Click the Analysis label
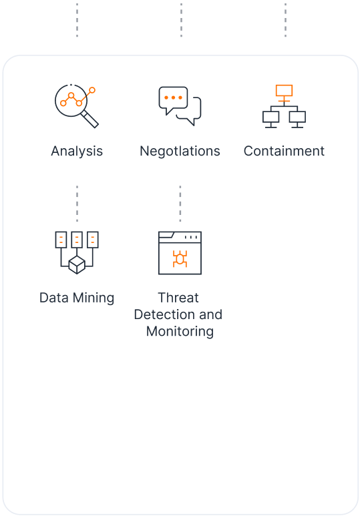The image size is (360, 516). click(x=77, y=152)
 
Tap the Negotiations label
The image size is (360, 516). click(x=180, y=152)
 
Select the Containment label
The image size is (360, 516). click(x=284, y=151)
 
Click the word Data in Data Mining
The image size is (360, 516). click(x=54, y=298)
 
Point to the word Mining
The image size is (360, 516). click(x=94, y=298)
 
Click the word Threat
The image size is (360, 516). click(x=178, y=298)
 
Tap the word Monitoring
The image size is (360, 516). click(x=180, y=332)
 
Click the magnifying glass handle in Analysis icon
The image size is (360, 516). click(x=90, y=119)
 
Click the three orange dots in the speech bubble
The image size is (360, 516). click(x=173, y=97)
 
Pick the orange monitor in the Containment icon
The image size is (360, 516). click(x=284, y=93)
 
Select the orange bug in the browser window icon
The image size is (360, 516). click(x=180, y=258)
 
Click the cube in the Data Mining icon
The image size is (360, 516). click(x=77, y=264)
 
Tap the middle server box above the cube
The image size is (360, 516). click(x=77, y=240)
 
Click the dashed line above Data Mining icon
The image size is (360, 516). click(x=77, y=204)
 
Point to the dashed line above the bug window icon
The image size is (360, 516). click(x=180, y=204)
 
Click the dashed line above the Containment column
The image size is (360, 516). click(x=285, y=20)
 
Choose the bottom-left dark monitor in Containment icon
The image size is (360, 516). click(x=271, y=119)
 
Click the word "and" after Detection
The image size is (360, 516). click(x=210, y=314)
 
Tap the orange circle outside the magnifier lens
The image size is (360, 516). click(x=92, y=90)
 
